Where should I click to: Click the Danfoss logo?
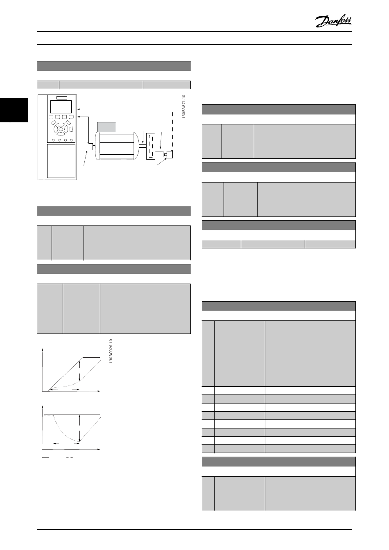click(x=333, y=21)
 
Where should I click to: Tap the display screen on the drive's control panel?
click(x=61, y=107)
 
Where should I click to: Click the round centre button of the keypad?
click(x=61, y=131)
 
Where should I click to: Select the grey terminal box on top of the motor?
click(x=106, y=127)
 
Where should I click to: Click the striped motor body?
click(x=117, y=147)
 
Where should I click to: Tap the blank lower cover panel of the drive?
click(x=61, y=160)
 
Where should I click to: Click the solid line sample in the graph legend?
click(x=46, y=456)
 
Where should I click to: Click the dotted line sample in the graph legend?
click(x=69, y=456)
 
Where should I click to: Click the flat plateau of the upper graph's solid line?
click(x=92, y=358)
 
